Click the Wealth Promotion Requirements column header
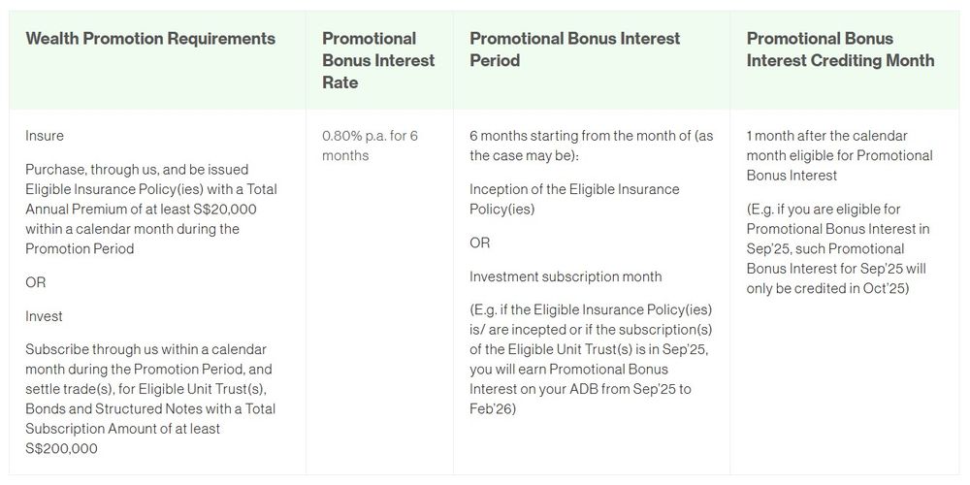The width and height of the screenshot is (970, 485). point(150,39)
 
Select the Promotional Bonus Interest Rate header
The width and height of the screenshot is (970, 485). point(378,60)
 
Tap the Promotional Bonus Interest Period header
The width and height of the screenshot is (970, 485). point(574,49)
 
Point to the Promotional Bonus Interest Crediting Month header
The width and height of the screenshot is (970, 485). point(840,49)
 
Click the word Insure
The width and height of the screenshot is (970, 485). point(45,136)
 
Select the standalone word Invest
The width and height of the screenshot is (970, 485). point(45,316)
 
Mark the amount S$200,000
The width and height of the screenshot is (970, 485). point(62,448)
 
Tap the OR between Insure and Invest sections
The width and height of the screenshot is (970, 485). point(36,282)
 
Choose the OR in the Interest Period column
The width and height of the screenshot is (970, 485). point(480,242)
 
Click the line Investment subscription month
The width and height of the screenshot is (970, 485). point(566,276)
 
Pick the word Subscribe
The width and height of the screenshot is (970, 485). point(57,349)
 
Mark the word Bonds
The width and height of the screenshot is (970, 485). point(48,408)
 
